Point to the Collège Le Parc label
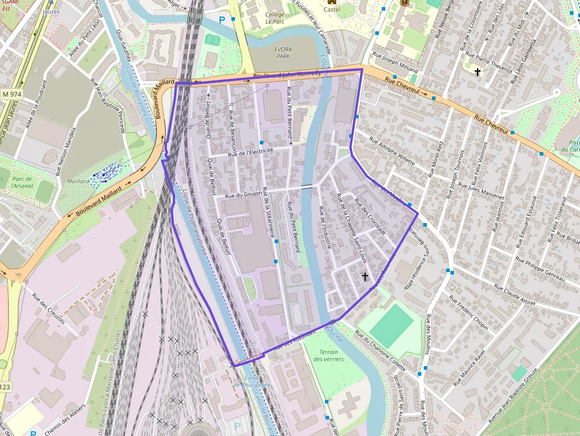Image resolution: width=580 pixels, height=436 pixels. (x=275, y=18)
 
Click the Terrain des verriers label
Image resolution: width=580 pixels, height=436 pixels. (x=325, y=355)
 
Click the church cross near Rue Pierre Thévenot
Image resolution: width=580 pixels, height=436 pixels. (x=478, y=72)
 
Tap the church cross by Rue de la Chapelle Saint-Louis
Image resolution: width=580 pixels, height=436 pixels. (x=365, y=276)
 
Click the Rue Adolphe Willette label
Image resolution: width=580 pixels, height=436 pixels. (x=392, y=150)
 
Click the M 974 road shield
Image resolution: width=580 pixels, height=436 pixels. (x=10, y=94)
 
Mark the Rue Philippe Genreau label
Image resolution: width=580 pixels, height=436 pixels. (x=539, y=268)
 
